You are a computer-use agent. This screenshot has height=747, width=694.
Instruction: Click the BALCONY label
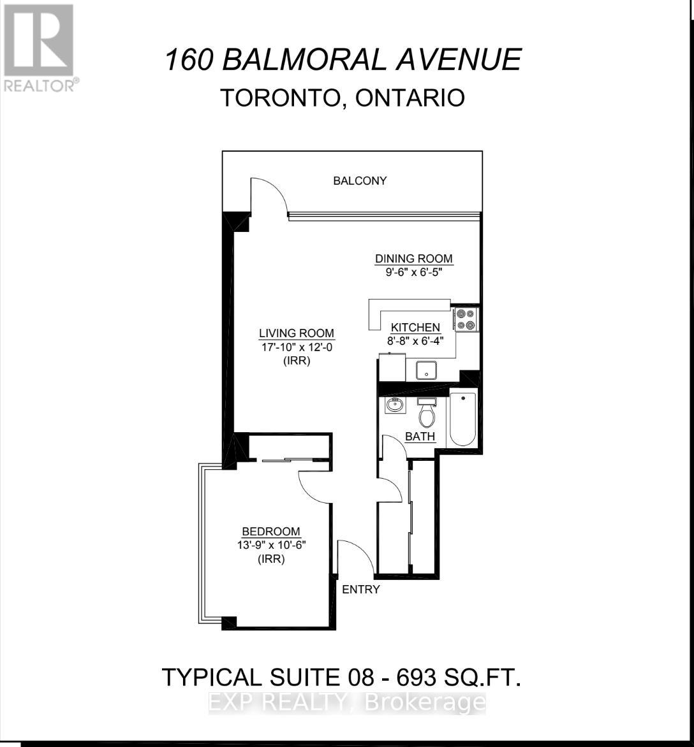[x=360, y=181]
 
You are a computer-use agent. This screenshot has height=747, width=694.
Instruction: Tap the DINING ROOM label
[x=413, y=259]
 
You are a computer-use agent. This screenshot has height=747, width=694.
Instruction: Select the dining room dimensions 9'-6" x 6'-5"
[x=413, y=272]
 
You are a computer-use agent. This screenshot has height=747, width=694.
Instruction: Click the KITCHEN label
[x=415, y=327]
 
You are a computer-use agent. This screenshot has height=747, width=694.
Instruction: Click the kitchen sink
[x=426, y=370]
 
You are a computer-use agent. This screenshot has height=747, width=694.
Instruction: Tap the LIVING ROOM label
[x=296, y=333]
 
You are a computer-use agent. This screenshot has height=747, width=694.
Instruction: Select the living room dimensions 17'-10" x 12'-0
[x=296, y=347]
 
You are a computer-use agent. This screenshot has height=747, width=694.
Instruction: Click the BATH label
[x=420, y=437]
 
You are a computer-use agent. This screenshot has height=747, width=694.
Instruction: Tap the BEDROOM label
[x=270, y=532]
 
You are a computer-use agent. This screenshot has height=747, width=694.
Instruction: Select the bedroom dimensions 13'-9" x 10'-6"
[x=270, y=546]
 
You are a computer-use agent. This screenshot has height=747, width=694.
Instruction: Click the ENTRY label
[x=361, y=590]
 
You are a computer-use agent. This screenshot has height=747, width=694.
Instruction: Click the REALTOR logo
[x=40, y=48]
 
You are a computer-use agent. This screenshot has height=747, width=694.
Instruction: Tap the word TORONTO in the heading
[x=279, y=98]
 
